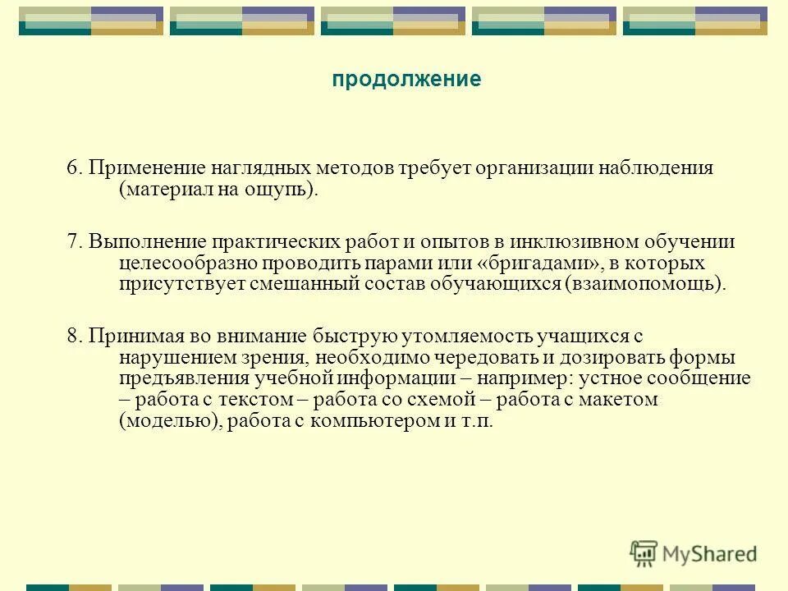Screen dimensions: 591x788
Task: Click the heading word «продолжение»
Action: click(406, 80)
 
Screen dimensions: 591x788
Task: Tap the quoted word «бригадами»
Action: click(538, 263)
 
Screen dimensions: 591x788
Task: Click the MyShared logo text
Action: click(709, 552)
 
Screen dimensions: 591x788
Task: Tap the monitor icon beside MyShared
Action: click(644, 552)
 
